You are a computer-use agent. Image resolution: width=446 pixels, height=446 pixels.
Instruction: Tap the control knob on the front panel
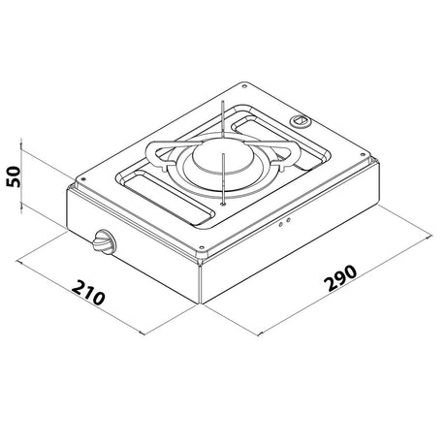[101, 245]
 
